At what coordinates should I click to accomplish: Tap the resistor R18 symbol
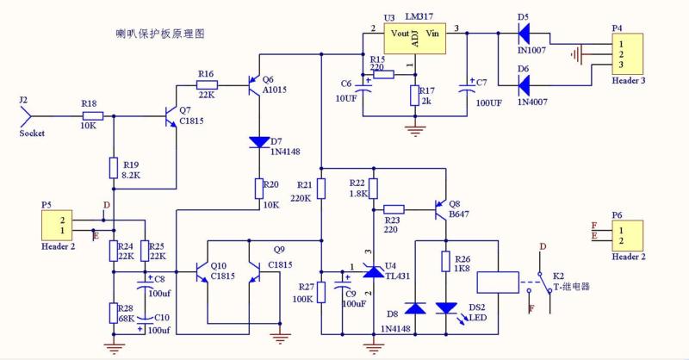pyautogui.click(x=93, y=115)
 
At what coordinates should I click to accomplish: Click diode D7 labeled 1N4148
pyautogui.click(x=258, y=142)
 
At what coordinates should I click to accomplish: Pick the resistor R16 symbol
pyautogui.click(x=208, y=84)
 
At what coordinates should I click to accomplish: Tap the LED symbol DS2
pyautogui.click(x=446, y=307)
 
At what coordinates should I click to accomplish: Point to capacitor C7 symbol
pyautogui.click(x=466, y=87)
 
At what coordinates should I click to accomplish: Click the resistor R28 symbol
pyautogui.click(x=113, y=312)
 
